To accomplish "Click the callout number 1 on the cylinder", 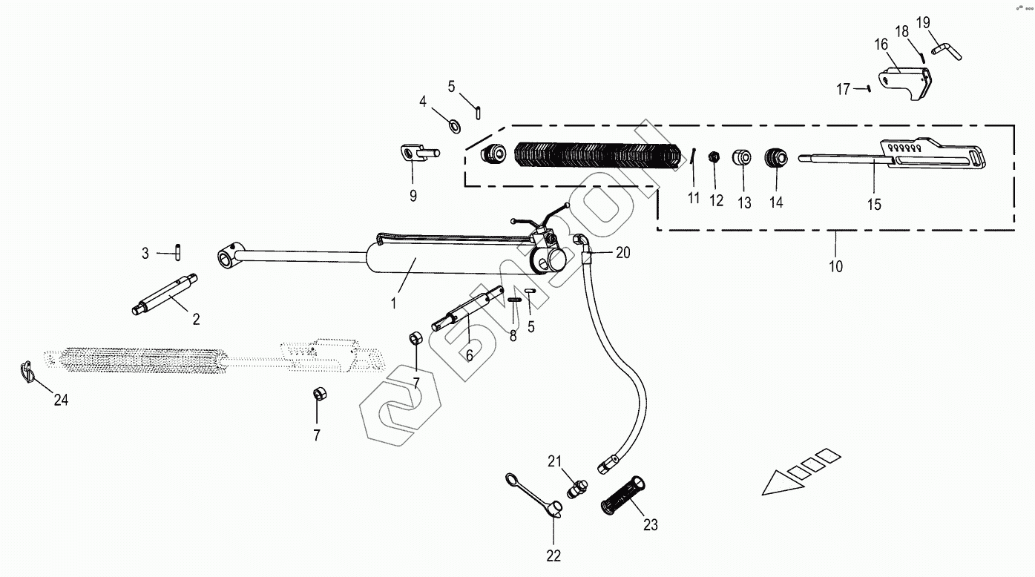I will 394,303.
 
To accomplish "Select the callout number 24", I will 61,400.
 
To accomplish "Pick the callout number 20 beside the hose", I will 622,253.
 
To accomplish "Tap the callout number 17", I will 843,89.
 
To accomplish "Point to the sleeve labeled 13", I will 742,158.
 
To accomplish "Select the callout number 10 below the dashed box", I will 836,266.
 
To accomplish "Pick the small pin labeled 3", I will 179,252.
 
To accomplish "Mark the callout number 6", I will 469,355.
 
